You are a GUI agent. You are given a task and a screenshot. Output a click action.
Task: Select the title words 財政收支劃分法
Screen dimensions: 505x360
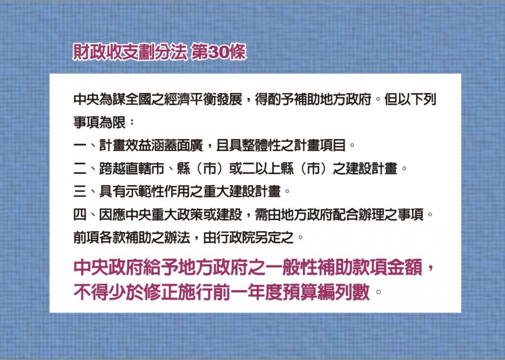130,52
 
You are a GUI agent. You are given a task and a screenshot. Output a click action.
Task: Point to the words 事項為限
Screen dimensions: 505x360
100,122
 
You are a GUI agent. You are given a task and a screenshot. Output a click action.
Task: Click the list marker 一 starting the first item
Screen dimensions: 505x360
80,146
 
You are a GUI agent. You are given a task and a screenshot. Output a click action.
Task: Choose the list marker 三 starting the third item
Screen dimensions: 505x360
80,192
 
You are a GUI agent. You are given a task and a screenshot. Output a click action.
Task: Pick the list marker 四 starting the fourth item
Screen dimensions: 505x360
80,215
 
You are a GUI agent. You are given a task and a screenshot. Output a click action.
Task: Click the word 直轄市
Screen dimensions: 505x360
145,168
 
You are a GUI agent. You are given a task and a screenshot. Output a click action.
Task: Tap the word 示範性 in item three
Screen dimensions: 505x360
145,192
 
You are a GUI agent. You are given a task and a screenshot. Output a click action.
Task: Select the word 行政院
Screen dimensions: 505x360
236,238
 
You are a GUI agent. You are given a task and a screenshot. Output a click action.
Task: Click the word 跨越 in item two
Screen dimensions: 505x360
112,168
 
